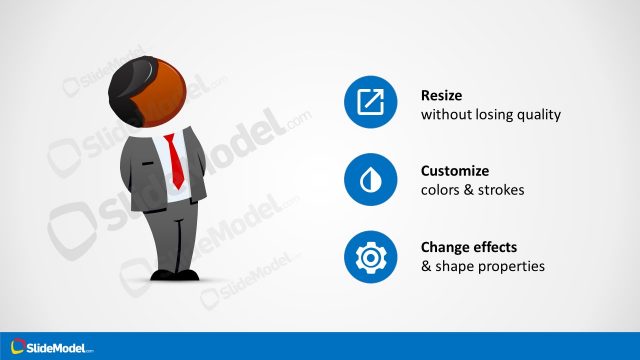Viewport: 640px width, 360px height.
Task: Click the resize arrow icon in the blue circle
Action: [x=370, y=102]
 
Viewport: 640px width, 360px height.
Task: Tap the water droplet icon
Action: [x=370, y=179]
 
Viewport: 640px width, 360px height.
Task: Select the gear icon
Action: [x=370, y=256]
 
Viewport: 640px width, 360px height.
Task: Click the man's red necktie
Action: [x=175, y=160]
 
